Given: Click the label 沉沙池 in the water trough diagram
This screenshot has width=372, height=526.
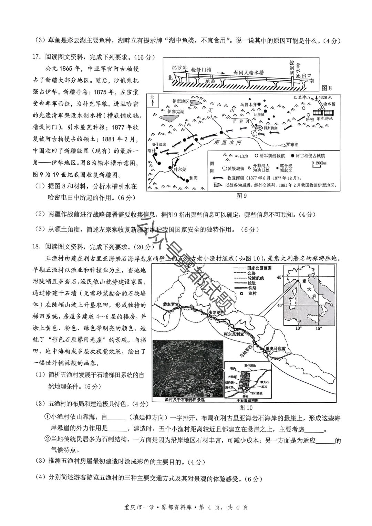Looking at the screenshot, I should coord(179,68).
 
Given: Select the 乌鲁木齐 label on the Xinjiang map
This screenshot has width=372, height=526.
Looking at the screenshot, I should coord(249,104).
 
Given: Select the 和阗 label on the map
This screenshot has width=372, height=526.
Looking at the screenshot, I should coord(194,178).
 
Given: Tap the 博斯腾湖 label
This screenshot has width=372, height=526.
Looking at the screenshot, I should coord(270,128).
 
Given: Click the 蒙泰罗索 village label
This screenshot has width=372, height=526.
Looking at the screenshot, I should coord(171,305).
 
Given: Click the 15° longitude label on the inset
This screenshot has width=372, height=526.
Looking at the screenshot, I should coord(319,328).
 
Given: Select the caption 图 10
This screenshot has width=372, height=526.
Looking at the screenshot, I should coord(245,408).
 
